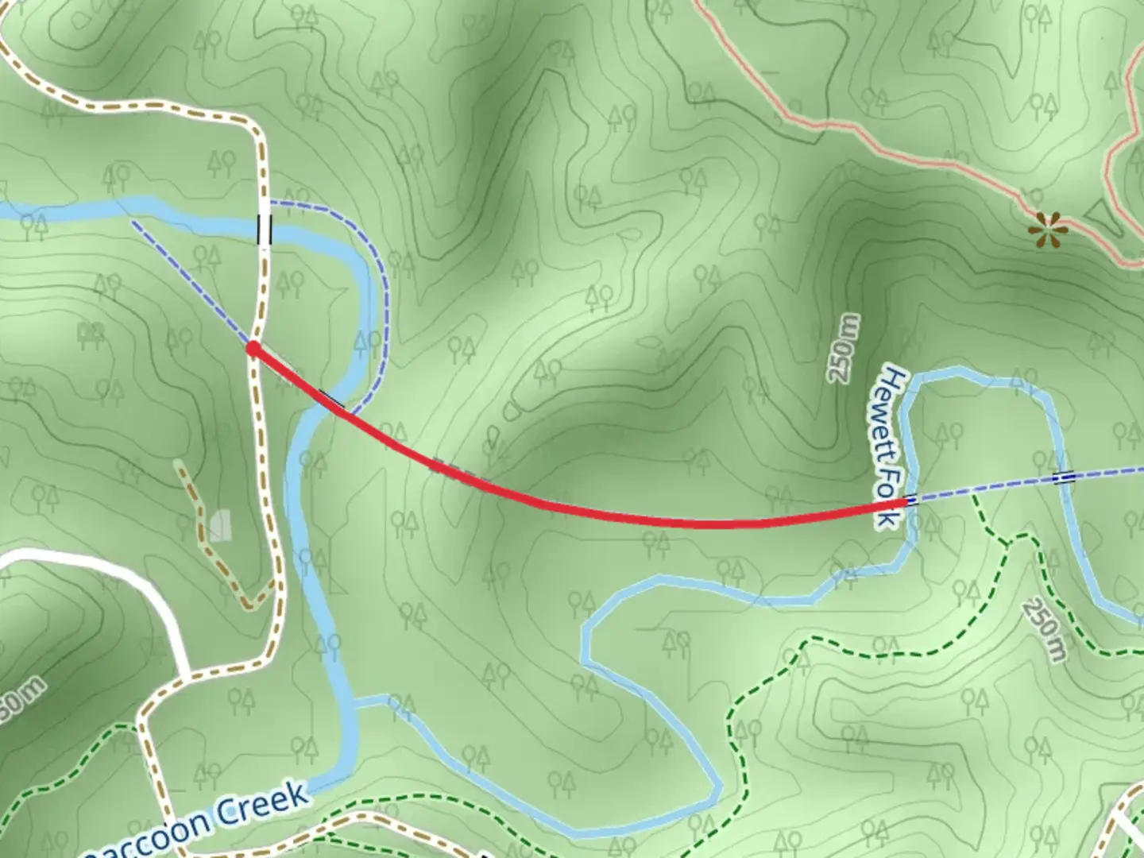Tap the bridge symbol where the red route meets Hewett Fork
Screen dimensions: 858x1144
(x=911, y=500)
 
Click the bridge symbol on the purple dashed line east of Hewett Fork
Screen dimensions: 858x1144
(x=1064, y=477)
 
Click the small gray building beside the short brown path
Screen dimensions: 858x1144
(x=219, y=525)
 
